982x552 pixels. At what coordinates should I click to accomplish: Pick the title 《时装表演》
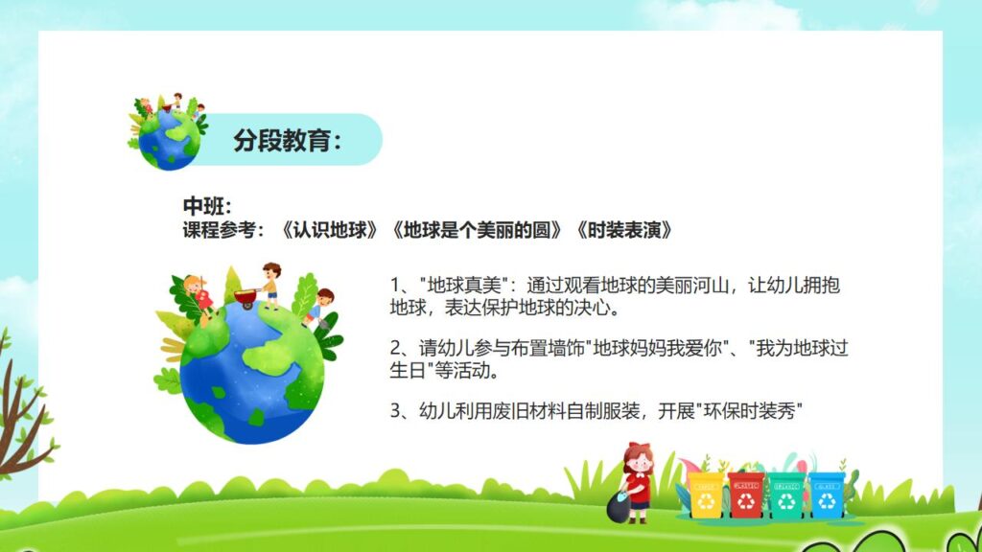(623, 231)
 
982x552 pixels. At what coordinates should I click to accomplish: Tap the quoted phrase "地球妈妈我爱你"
(670, 348)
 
